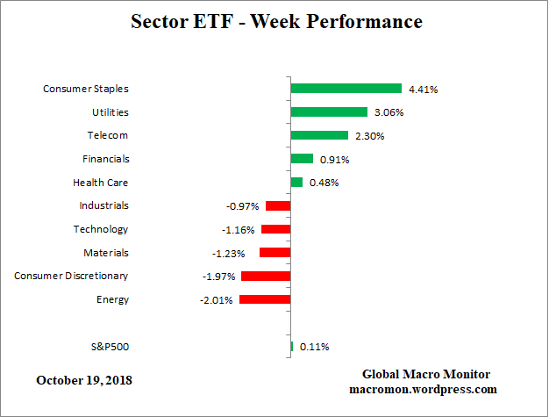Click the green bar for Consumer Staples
[x=346, y=89]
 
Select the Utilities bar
[x=329, y=112]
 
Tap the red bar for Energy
[x=265, y=299]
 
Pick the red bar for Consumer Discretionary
[x=266, y=276]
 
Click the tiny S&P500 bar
[x=292, y=347]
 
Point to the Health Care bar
[x=296, y=183]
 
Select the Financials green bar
[x=302, y=159]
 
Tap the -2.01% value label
[x=216, y=299]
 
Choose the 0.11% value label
[x=314, y=347]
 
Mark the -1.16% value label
[x=238, y=229]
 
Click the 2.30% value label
[x=368, y=136]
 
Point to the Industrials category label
[x=103, y=205]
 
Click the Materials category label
[x=105, y=253]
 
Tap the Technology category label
[x=101, y=229]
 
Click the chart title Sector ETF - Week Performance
[x=275, y=21]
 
